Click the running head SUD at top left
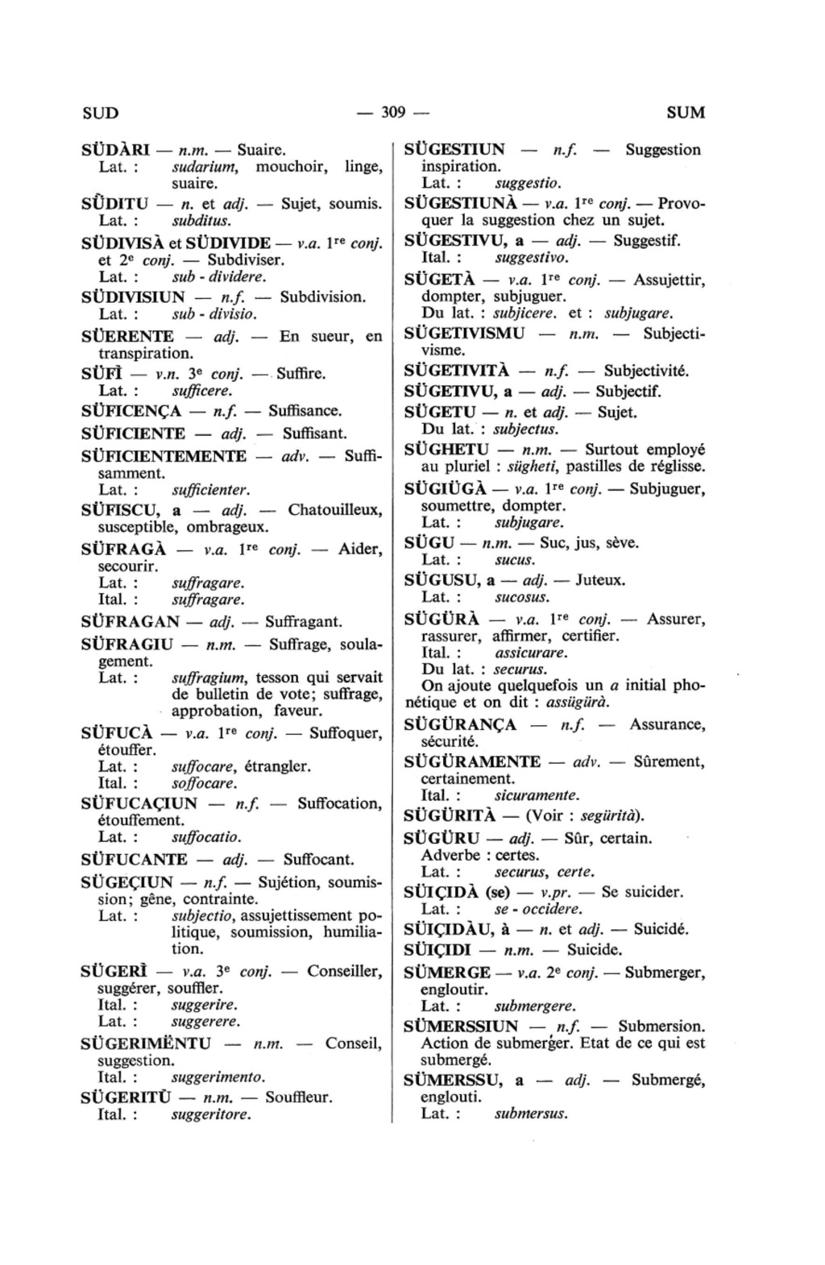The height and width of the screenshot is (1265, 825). click(x=101, y=113)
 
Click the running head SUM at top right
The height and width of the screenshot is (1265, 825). click(x=686, y=113)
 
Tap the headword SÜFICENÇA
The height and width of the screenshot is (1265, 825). click(x=131, y=412)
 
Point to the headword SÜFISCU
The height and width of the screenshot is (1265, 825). click(x=119, y=511)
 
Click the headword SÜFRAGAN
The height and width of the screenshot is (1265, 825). click(x=131, y=622)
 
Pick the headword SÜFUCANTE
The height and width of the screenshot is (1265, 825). click(x=135, y=860)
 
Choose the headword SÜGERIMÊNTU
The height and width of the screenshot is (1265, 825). click(x=147, y=1044)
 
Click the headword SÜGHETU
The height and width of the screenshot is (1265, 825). click(x=446, y=450)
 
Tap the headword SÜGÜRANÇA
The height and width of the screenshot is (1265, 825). click(x=460, y=724)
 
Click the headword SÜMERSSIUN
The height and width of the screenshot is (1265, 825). click(x=461, y=1027)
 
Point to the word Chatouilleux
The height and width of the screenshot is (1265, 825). click(x=335, y=511)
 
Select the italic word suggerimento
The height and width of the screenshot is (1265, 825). click(x=218, y=1077)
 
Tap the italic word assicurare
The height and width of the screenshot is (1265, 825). click(x=531, y=653)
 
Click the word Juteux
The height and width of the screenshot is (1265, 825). click(x=601, y=580)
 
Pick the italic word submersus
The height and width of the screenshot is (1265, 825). click(x=531, y=1114)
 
